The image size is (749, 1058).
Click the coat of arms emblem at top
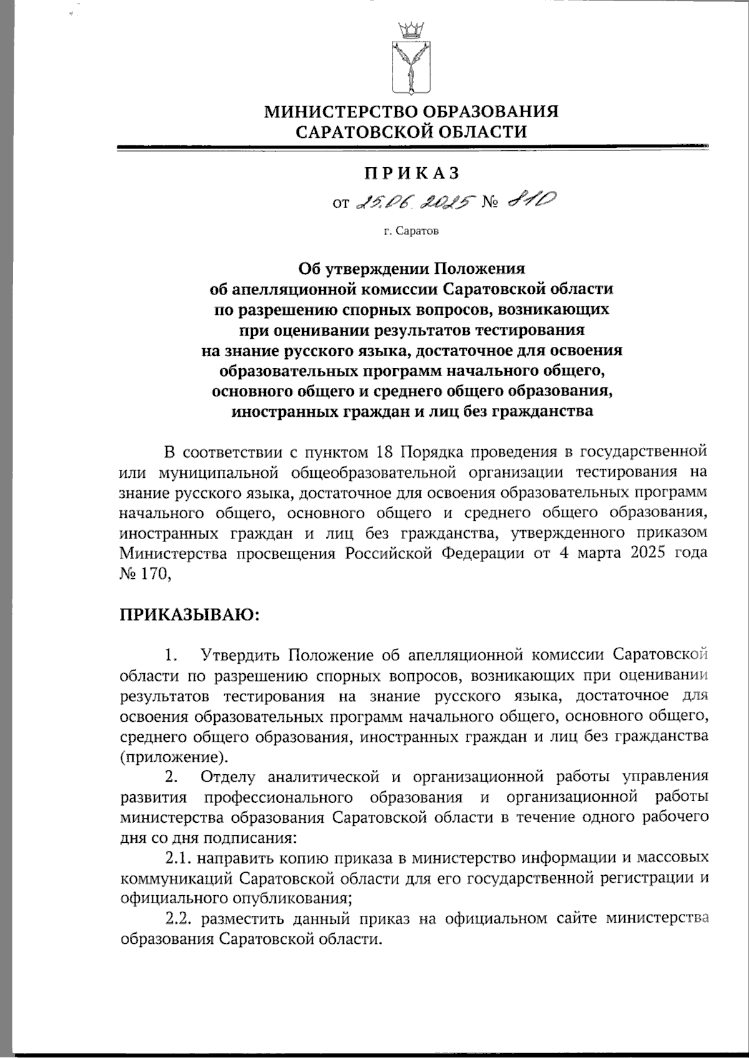point(411,66)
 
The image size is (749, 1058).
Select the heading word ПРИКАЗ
point(411,172)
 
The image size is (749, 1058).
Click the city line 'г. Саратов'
point(411,232)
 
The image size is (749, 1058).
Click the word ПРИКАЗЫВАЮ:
point(188,614)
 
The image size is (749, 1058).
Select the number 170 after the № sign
point(154,573)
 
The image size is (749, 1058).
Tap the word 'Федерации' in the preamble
point(484,553)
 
